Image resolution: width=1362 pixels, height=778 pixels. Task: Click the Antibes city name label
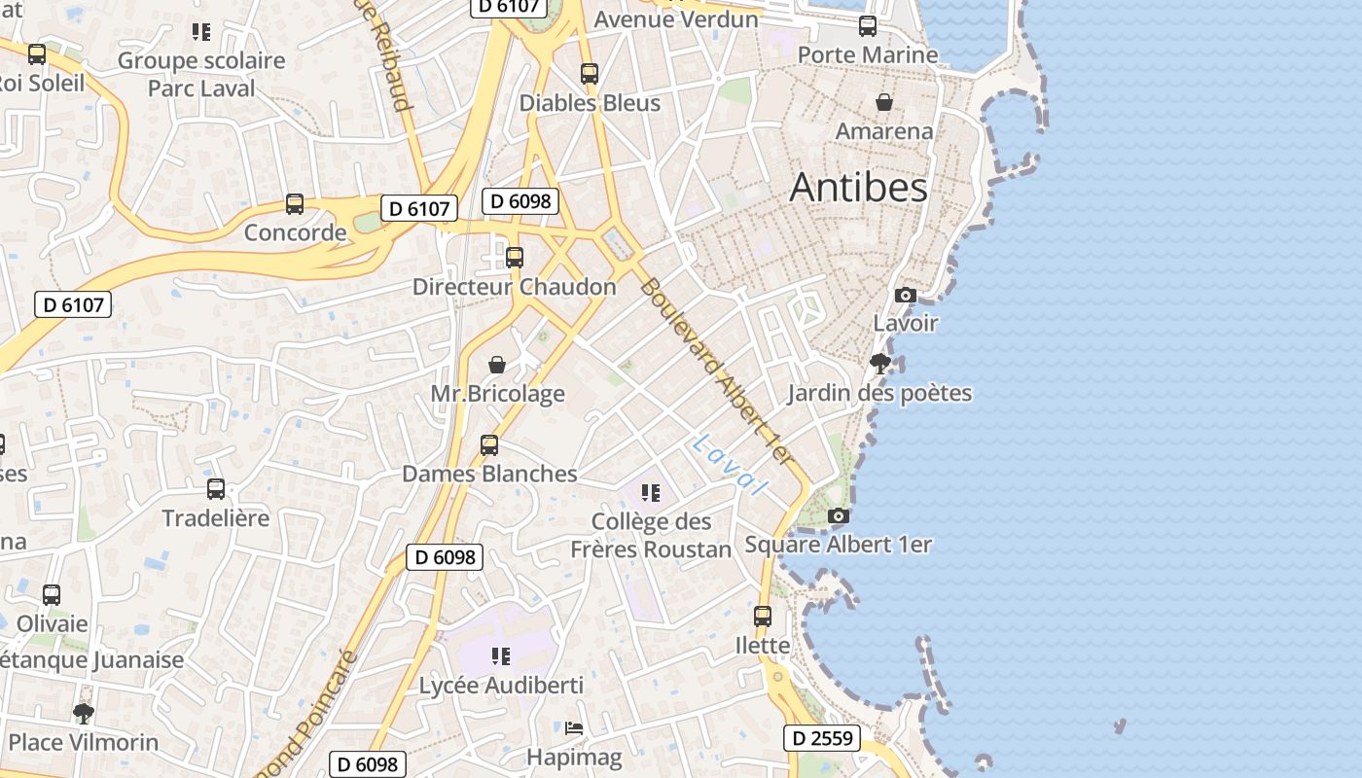pos(858,187)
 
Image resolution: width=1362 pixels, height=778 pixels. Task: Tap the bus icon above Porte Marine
pos(867,26)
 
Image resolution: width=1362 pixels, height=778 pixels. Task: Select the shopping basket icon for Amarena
pos(884,102)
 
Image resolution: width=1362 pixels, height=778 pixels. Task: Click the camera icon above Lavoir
pos(905,295)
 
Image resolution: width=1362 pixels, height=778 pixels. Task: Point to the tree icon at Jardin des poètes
pos(880,365)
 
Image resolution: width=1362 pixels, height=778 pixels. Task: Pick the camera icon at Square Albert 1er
pos(838,516)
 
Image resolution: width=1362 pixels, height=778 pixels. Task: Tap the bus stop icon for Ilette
pos(763,616)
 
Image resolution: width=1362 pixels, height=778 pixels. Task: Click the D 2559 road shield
pos(822,738)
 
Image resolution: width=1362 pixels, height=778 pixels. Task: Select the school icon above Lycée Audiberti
pos(501,656)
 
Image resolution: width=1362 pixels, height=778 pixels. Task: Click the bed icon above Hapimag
pos(574,727)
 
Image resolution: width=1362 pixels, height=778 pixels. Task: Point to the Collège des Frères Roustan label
pos(651,536)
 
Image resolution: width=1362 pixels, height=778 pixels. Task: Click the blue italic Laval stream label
pos(729,464)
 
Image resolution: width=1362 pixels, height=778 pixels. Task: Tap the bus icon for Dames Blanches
pos(489,445)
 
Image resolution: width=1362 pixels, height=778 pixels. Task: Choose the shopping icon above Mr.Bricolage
pos(497,365)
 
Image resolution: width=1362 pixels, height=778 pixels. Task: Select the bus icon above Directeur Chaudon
pos(515,258)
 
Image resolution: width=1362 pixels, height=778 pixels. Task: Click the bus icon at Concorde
pos(295,204)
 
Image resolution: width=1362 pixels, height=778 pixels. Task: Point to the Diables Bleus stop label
pos(590,103)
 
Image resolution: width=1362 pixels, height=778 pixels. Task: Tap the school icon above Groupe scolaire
pos(201,32)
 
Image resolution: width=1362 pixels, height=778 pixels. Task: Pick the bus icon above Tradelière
pos(216,489)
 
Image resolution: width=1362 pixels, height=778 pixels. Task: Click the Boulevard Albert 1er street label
pos(718,371)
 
